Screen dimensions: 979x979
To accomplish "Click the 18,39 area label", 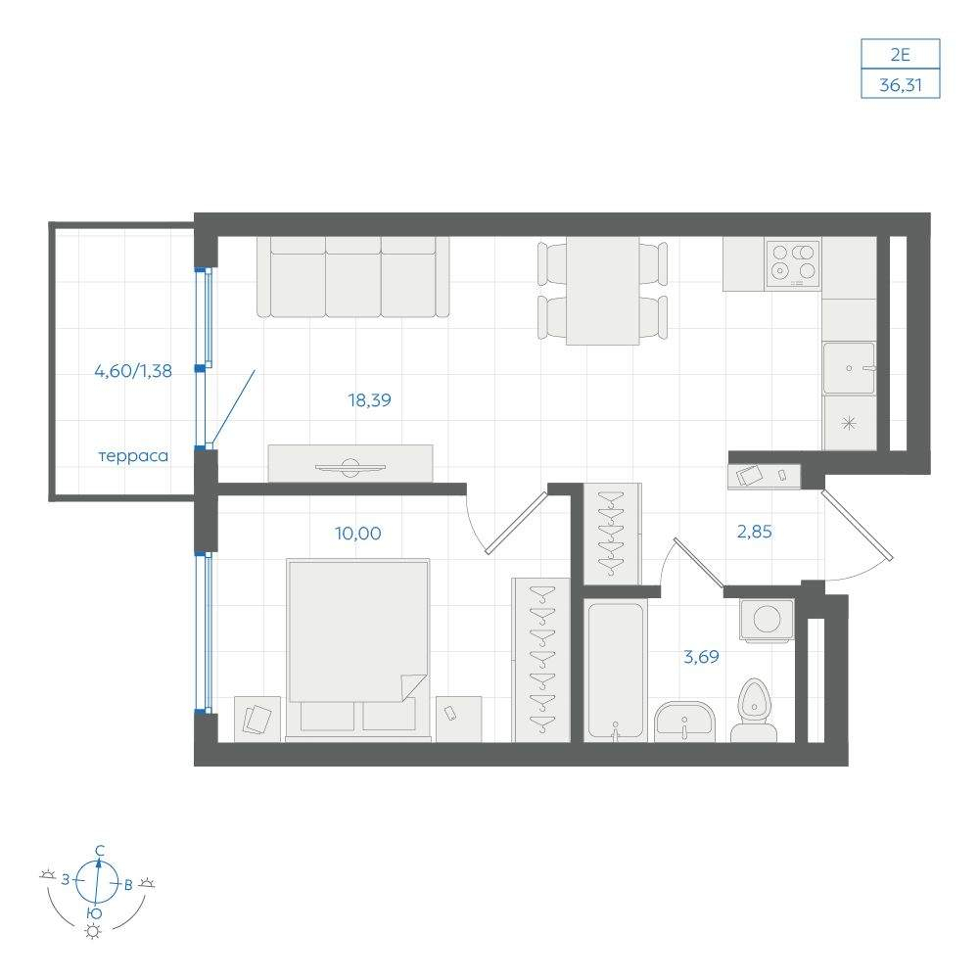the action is [370, 399].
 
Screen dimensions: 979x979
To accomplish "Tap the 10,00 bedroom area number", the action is [357, 534].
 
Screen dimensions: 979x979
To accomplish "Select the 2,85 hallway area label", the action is [754, 532].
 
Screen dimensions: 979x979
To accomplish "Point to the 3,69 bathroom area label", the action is [701, 656].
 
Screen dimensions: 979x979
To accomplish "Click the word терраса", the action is [133, 456].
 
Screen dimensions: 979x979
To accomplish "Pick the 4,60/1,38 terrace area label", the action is [133, 370].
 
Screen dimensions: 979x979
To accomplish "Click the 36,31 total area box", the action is [901, 84].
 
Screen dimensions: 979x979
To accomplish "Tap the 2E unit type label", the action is [901, 54].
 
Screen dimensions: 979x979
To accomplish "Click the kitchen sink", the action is [849, 368].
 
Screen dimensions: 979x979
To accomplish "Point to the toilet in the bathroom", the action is [754, 711].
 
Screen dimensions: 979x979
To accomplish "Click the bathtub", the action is [616, 671].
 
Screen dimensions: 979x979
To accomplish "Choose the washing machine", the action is [767, 620].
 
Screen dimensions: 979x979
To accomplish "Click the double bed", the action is [358, 649].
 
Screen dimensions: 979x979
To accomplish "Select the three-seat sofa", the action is [352, 277].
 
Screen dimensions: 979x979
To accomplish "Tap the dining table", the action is [602, 291].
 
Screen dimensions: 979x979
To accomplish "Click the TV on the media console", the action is [350, 467].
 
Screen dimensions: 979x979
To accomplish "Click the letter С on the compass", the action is [99, 850].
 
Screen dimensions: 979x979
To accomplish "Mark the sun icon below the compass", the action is [93, 932].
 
